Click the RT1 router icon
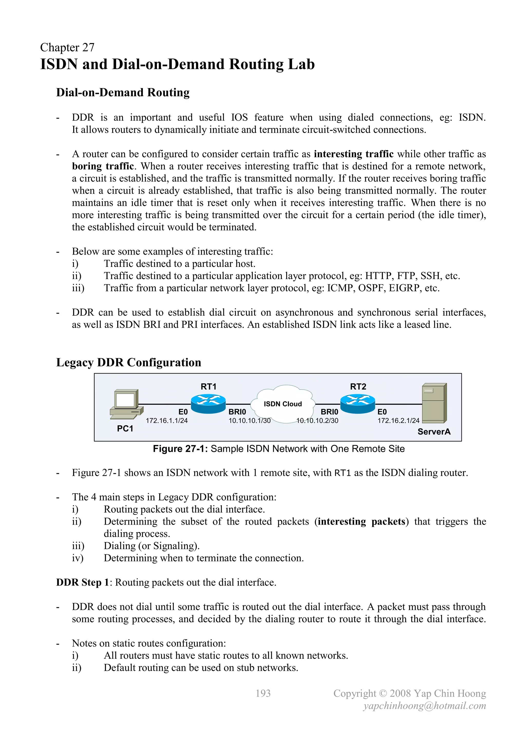coord(208,403)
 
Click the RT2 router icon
coord(358,403)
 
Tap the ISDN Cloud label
coord(283,404)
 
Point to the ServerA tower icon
coord(434,403)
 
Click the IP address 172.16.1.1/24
coord(166,421)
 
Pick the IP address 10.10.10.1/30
coord(249,421)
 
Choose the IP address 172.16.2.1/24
coord(398,421)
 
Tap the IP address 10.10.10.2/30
coord(317,421)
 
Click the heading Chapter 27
coord(67,47)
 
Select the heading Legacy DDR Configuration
coord(129,362)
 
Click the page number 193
coord(263,693)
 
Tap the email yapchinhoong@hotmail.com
coord(424,706)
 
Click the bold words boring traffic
coord(103,166)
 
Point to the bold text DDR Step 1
coord(83,583)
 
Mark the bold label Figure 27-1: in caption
coord(180,449)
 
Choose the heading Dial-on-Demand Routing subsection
coord(123,93)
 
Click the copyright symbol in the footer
coord(383,693)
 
